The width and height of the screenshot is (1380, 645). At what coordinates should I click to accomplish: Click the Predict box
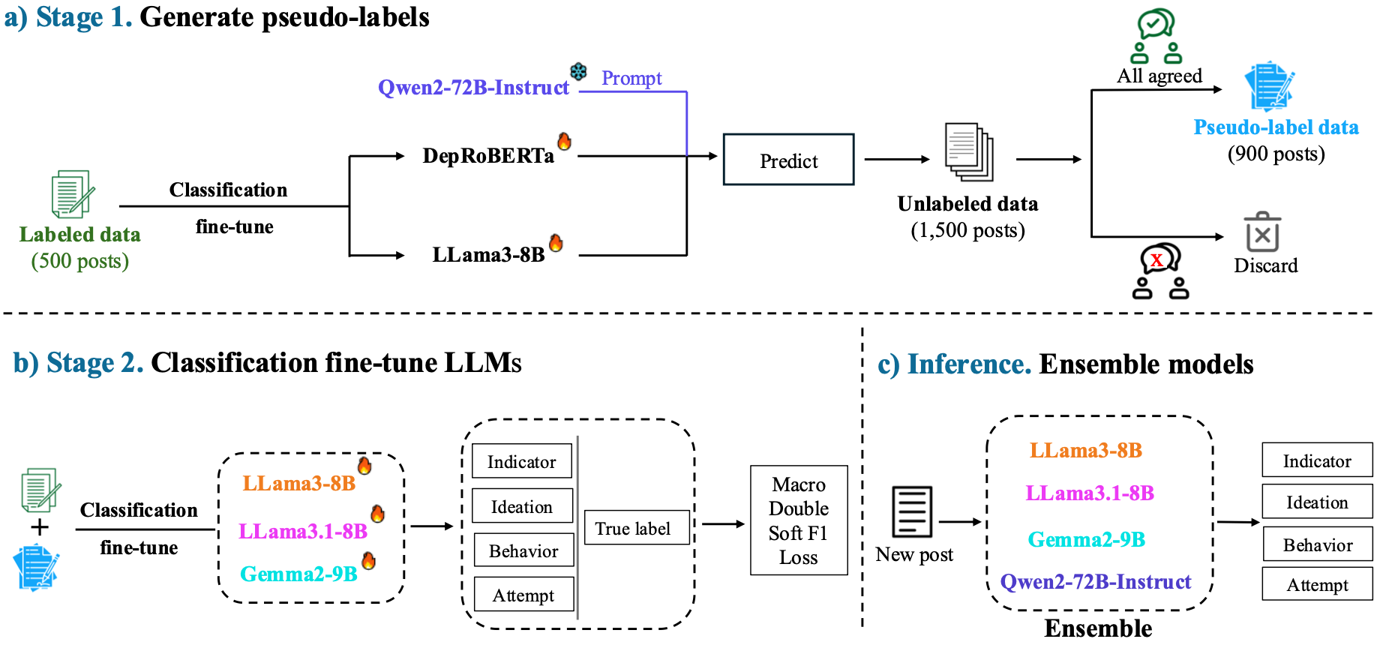tap(788, 159)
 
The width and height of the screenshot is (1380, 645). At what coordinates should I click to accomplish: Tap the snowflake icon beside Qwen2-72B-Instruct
tap(578, 72)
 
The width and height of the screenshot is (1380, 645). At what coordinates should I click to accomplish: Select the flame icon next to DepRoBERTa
tap(564, 140)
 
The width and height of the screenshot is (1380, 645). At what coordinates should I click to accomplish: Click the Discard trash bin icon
tap(1263, 232)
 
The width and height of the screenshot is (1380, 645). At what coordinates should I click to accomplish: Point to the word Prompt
tap(631, 78)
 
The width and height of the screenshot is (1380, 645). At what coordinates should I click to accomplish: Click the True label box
tap(637, 527)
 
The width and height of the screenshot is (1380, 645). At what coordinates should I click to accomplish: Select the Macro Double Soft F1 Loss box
tap(799, 520)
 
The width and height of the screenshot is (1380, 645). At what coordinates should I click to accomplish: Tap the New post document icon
tap(912, 511)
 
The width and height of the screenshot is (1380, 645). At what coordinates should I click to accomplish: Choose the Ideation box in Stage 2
tap(523, 505)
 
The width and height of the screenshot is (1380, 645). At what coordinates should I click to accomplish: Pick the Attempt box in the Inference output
tap(1317, 583)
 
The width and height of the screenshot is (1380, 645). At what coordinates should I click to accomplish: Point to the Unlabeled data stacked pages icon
tap(969, 152)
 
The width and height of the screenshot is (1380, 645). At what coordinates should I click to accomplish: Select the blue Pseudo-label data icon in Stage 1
tap(1270, 86)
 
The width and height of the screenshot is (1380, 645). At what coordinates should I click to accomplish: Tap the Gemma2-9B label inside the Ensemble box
tap(1087, 539)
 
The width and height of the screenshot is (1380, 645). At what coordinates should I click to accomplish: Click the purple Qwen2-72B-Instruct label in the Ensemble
tap(1096, 582)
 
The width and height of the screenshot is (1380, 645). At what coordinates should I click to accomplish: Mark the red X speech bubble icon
tap(1159, 259)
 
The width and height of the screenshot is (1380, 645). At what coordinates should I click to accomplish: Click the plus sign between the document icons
tap(40, 527)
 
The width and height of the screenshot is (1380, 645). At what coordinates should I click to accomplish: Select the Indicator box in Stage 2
tap(522, 460)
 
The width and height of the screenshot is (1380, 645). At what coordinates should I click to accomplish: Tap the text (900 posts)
tap(1276, 154)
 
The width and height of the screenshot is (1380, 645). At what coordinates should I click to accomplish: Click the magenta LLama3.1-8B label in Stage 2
tap(303, 531)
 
